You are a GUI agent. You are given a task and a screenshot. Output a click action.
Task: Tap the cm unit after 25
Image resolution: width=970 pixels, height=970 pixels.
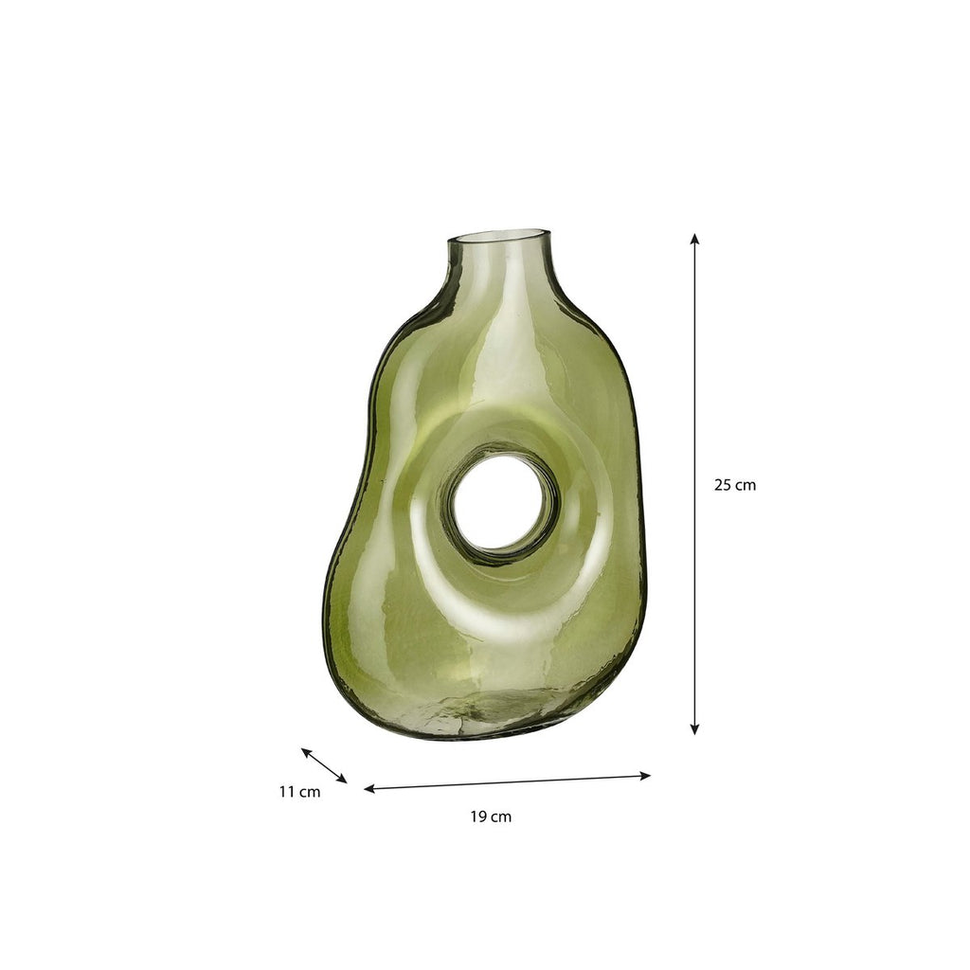[745, 486]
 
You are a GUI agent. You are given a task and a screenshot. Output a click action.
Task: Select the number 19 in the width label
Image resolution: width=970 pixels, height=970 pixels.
[478, 817]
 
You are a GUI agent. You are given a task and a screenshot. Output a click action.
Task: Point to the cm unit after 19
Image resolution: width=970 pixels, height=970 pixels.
[501, 817]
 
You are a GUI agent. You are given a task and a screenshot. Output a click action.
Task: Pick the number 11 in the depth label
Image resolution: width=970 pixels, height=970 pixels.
[286, 791]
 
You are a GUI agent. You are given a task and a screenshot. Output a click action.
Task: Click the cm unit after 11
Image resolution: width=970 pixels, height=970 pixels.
[310, 792]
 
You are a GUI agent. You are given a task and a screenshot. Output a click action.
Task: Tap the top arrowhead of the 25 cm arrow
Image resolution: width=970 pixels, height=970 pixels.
[694, 239]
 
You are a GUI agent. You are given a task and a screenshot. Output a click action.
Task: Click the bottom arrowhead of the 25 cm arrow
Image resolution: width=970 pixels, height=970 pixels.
[694, 729]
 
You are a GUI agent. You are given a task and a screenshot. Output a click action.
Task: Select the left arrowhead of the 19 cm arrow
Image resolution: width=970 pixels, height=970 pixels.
[369, 789]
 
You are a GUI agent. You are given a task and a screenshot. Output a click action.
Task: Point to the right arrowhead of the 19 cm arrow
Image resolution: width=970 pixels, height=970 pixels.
[645, 775]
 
